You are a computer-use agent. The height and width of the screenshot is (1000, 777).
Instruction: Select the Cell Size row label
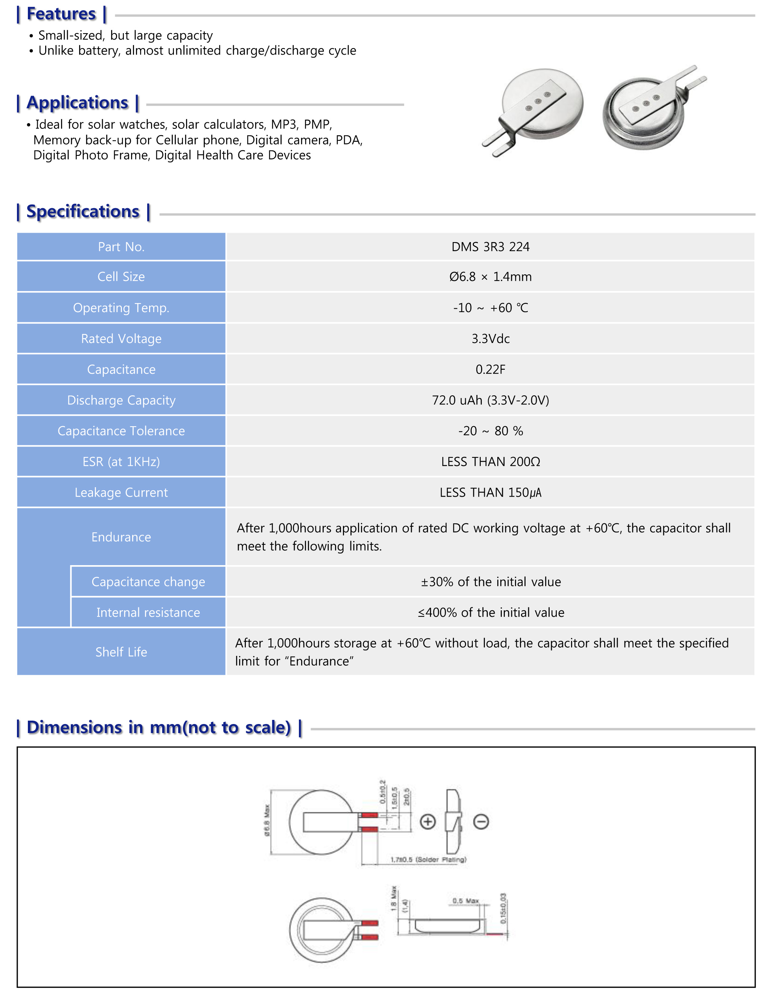pos(121,277)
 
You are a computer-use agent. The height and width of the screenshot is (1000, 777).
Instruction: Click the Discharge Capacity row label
pos(121,400)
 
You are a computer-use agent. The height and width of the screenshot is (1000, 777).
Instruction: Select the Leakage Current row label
pos(121,493)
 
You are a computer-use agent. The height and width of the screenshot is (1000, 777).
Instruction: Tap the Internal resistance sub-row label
pos(148,613)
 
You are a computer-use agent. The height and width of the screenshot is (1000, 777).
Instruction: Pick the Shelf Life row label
pos(121,652)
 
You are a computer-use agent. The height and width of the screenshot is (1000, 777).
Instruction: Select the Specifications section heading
pos(83,212)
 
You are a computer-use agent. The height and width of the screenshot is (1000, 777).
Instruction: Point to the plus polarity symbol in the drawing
pos(428,822)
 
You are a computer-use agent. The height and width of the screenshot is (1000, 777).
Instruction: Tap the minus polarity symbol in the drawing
pos(481,822)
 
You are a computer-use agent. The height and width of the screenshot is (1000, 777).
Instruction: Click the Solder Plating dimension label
pos(428,860)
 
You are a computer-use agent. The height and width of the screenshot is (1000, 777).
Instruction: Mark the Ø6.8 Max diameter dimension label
pos(267,820)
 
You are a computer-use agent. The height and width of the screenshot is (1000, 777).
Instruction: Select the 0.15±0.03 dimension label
pos(503,909)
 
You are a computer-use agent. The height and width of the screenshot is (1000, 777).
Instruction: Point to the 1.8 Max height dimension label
pos(393,898)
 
